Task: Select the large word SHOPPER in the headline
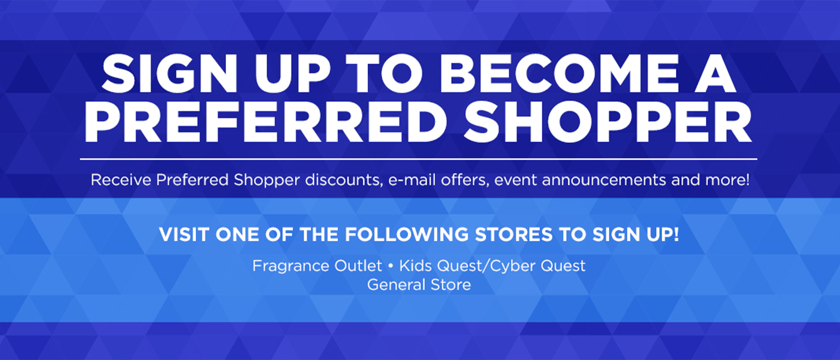pos(608,122)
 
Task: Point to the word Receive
pos(121,180)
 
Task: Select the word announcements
pos(603,180)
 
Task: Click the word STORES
pos(513,234)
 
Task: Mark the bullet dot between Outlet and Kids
pos(390,266)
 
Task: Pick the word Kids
pos(415,266)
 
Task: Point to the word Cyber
pos(513,266)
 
